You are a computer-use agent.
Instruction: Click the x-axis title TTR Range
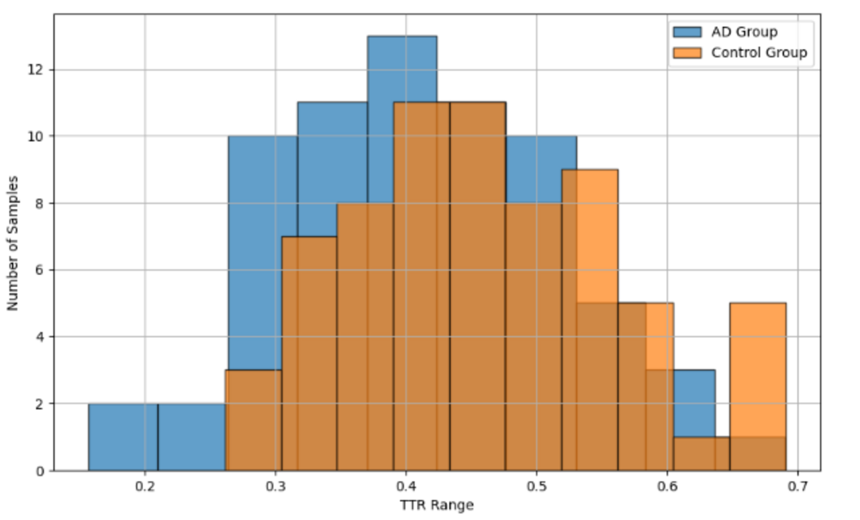[436, 505]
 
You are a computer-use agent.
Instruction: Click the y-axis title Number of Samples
[13, 243]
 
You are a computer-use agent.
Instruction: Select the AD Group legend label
[744, 32]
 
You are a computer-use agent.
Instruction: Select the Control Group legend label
[759, 53]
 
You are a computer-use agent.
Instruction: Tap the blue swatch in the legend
[687, 32]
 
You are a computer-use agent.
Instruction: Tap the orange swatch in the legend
[687, 53]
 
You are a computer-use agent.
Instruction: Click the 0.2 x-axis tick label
[144, 487]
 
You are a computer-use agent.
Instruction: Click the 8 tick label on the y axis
[39, 204]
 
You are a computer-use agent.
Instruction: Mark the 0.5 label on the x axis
[537, 487]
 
